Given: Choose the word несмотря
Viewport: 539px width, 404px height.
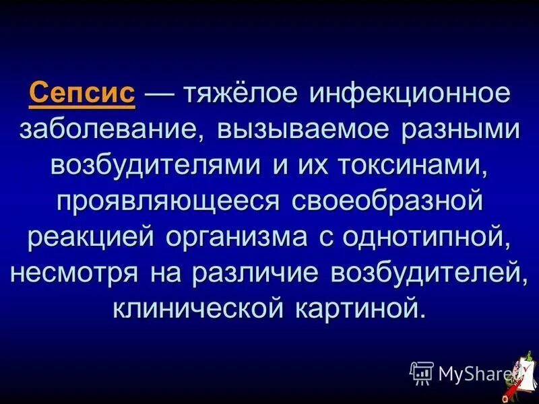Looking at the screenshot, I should tap(75, 273).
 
